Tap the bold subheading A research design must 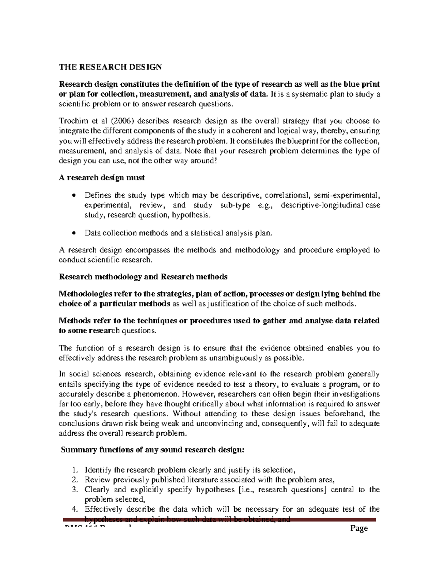click(x=102, y=177)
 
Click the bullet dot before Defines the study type click(x=74, y=195)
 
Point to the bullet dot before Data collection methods click(x=74, y=233)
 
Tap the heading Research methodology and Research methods click(x=143, y=277)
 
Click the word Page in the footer click(x=359, y=528)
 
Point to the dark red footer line click(x=219, y=520)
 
